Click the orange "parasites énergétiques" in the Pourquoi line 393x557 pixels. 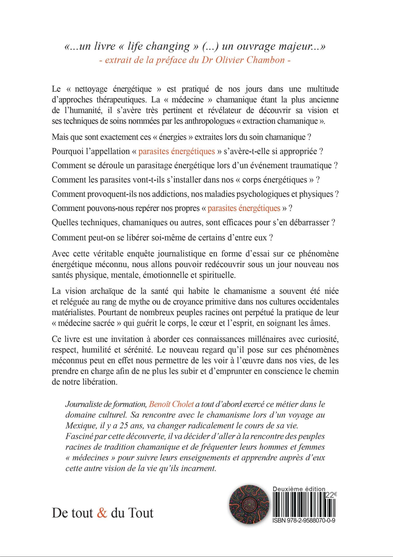click(176, 151)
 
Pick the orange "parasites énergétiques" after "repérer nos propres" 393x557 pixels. click(244, 208)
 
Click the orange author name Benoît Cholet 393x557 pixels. click(171, 404)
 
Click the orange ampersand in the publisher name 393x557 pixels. click(102, 513)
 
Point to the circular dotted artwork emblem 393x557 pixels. click(249, 505)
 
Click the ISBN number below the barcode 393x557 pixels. click(304, 521)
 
